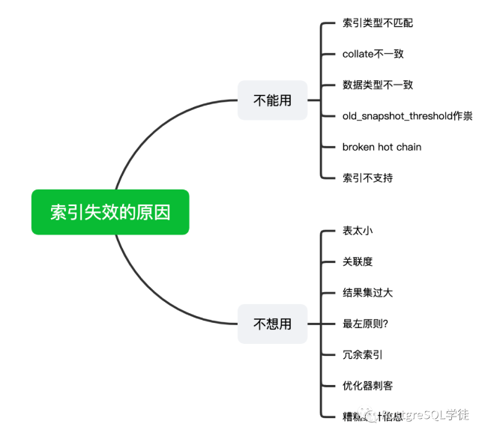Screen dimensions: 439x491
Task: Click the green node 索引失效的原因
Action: pos(110,212)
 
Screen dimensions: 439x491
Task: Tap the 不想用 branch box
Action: pos(272,324)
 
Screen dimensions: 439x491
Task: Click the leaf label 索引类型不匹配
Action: pos(377,22)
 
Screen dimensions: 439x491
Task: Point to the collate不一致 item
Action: pos(373,54)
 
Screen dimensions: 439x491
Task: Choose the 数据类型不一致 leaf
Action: pos(377,85)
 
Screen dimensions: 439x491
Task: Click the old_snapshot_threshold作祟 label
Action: pos(407,115)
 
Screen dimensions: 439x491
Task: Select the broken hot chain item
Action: pos(382,147)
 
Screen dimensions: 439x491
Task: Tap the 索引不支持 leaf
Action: pos(367,178)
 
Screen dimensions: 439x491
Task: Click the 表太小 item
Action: pos(357,230)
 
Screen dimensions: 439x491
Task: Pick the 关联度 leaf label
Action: pos(357,261)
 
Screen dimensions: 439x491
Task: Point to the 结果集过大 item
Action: pos(367,292)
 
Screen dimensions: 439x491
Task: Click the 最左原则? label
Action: pos(365,324)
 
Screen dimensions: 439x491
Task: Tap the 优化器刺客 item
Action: pos(367,386)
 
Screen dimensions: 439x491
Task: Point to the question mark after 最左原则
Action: pos(385,324)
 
